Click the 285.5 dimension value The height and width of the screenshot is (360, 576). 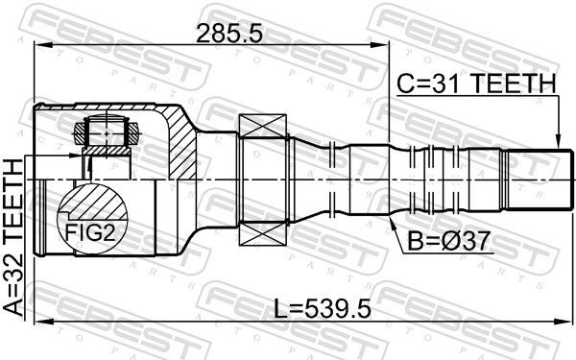(229, 34)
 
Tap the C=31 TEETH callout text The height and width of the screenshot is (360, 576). (476, 84)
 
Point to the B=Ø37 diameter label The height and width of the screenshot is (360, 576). (449, 241)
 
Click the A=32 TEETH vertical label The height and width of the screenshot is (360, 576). (13, 237)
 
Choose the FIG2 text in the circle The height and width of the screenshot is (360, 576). (90, 232)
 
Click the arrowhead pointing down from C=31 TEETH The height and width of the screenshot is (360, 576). (558, 141)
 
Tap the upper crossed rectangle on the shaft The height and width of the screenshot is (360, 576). (263, 126)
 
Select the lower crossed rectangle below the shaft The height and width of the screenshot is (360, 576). (263, 233)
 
